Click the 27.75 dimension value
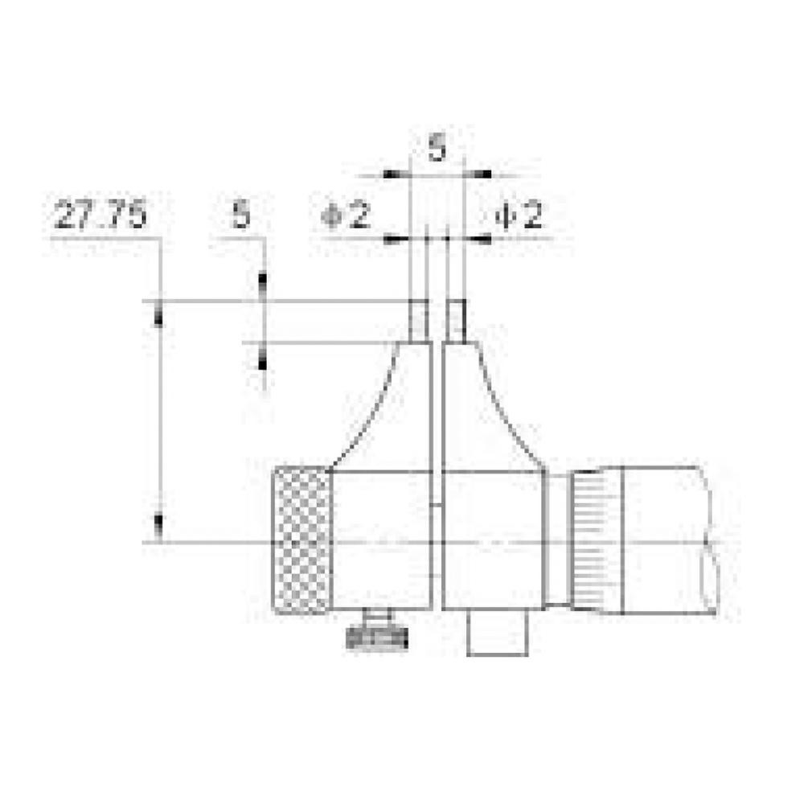[x=100, y=217]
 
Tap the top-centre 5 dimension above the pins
[x=436, y=149]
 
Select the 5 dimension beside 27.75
[x=241, y=217]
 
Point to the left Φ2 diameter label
[x=345, y=216]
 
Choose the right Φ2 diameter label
[x=519, y=216]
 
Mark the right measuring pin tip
[x=456, y=320]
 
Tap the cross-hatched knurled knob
[x=301, y=540]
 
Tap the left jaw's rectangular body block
[x=381, y=539]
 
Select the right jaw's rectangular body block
[x=492, y=539]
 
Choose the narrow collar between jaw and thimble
[x=556, y=539]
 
